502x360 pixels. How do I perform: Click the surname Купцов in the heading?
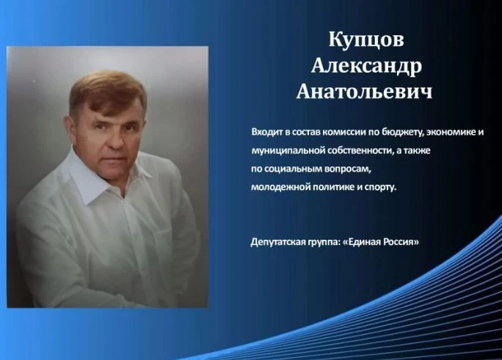pos(366,40)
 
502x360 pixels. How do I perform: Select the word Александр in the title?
pos(366,66)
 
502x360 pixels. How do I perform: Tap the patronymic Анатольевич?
pos(364,91)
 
